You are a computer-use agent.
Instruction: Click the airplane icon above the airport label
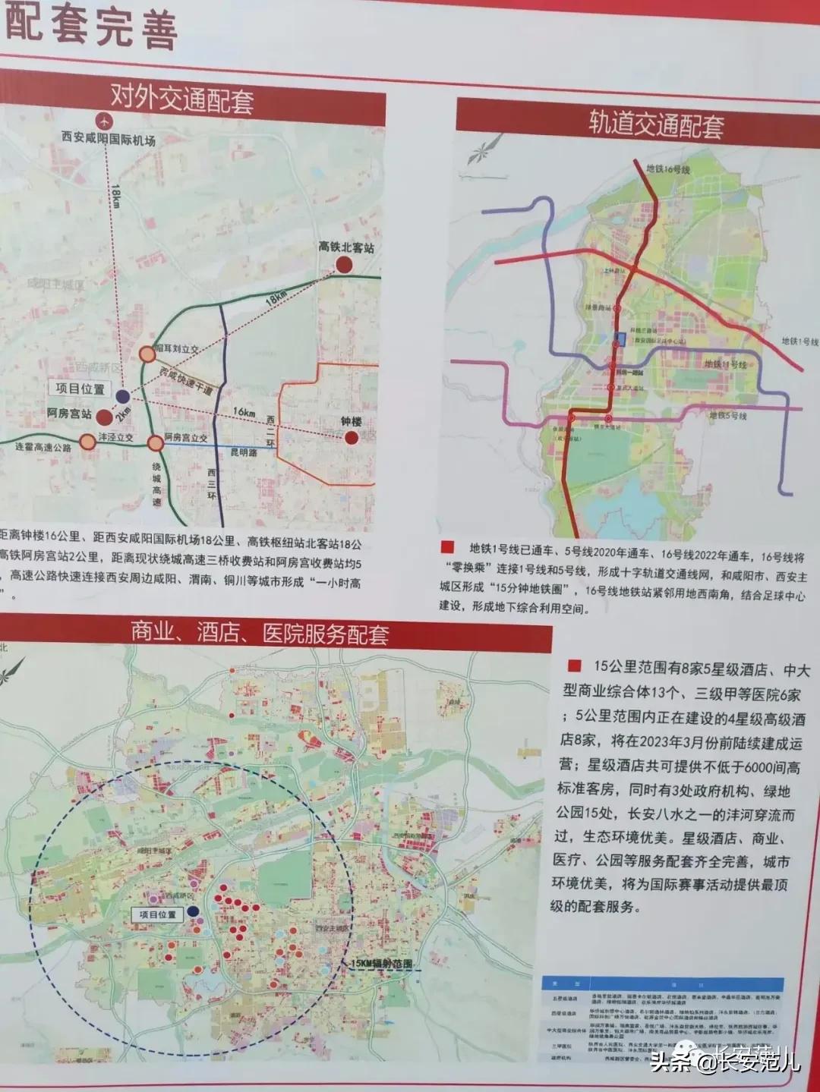[104, 121]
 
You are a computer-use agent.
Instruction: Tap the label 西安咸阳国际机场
[109, 140]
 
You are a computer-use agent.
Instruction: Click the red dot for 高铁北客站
[344, 264]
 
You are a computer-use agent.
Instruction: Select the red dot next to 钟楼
[351, 437]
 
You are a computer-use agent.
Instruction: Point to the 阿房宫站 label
[65, 414]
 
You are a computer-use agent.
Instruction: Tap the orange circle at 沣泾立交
[88, 442]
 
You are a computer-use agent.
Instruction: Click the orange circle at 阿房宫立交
[155, 442]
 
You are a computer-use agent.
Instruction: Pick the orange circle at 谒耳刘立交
[147, 353]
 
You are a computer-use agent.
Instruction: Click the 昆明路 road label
[243, 452]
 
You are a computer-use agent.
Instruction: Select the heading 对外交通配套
[182, 99]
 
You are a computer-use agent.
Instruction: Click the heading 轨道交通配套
[656, 124]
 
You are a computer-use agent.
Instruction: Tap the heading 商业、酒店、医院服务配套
[260, 634]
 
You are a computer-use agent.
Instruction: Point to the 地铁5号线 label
[727, 416]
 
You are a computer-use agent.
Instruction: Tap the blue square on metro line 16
[620, 339]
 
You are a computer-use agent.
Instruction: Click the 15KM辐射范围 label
[382, 963]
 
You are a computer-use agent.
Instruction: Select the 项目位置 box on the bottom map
[157, 914]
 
